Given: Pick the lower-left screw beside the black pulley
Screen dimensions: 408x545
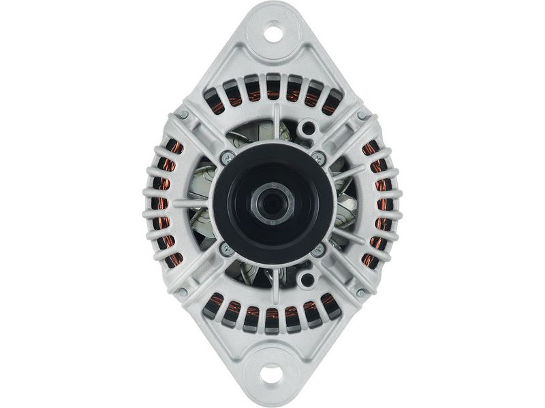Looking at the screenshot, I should point(225,249).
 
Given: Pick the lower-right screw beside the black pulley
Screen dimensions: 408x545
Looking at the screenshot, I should point(316,249).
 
